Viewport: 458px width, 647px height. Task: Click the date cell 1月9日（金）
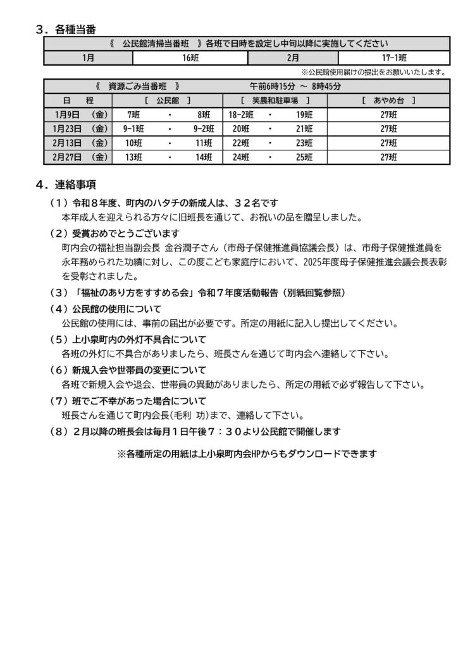click(x=78, y=114)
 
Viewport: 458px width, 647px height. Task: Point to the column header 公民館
click(x=168, y=100)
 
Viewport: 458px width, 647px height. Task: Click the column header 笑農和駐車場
click(x=275, y=100)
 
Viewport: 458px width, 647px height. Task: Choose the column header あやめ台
click(x=385, y=100)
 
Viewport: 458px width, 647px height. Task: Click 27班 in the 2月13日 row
click(x=385, y=143)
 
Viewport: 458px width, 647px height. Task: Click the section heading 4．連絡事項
click(x=66, y=185)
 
